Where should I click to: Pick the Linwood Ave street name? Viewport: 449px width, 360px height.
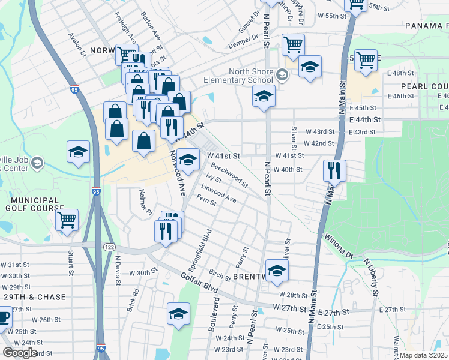point(218,191)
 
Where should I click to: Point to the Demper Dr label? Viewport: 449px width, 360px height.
point(243,43)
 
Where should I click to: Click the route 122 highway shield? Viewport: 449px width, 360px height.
point(109,247)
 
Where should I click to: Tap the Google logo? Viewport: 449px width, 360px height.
point(20,353)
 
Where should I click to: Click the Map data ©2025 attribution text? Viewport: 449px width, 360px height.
point(424,355)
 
